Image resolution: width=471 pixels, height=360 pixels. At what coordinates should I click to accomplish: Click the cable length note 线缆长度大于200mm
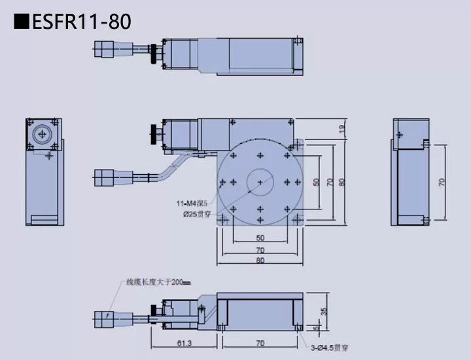(158, 283)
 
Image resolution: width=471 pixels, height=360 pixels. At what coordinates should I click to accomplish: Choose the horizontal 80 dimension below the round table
(260, 261)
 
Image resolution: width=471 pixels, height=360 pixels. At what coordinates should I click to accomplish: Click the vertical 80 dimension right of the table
(342, 182)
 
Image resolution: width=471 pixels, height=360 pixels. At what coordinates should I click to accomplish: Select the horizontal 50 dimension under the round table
(260, 238)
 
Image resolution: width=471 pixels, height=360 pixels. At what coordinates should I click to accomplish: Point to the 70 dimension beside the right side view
(442, 182)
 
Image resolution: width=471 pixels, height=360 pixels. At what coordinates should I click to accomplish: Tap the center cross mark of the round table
(260, 181)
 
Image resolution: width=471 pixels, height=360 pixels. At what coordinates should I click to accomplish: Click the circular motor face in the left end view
(43, 133)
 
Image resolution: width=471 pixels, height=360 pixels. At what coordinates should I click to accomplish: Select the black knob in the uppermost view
(154, 54)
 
